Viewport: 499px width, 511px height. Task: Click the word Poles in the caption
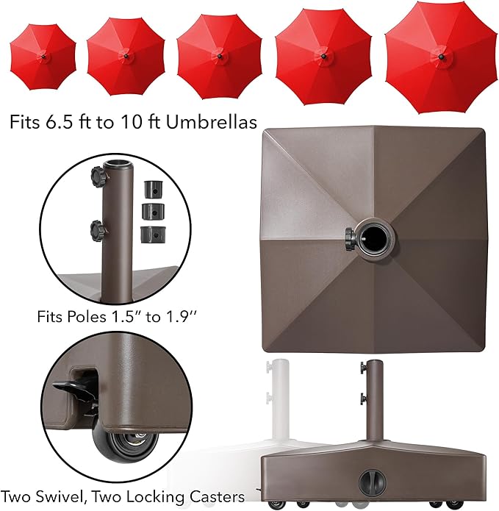click(x=92, y=318)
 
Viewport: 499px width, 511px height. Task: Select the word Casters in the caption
click(x=208, y=496)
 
